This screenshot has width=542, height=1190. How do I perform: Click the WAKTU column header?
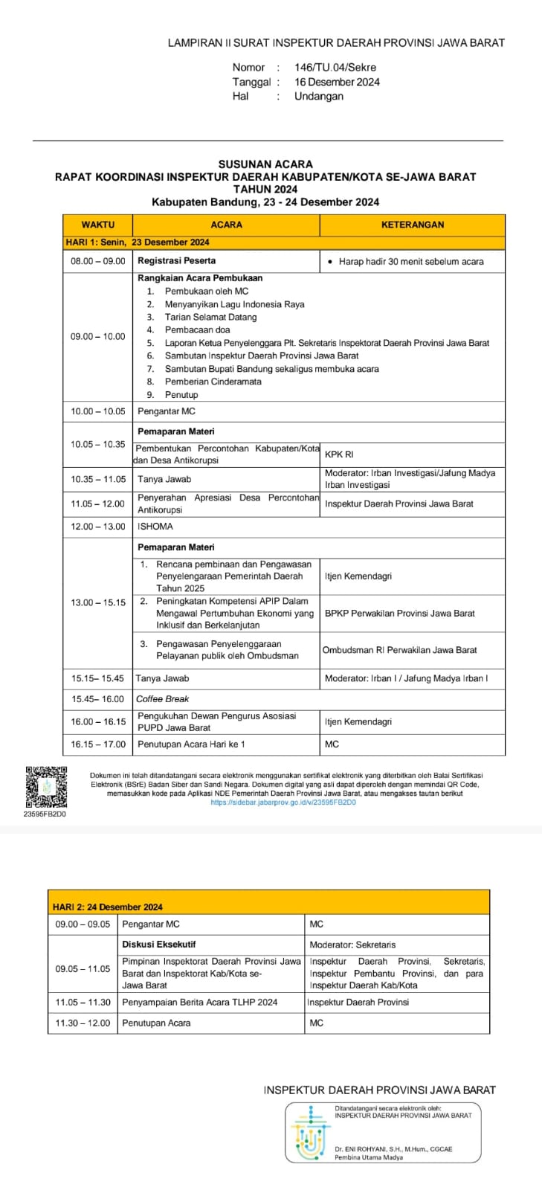coord(97,225)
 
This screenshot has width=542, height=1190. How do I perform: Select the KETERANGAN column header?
coord(412,225)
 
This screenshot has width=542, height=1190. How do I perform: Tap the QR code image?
coord(46,787)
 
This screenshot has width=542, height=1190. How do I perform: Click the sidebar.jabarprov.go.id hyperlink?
coord(283,803)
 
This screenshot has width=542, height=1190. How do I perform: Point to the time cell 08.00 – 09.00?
coord(97,261)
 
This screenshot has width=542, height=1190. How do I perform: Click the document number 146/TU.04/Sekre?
coord(335,68)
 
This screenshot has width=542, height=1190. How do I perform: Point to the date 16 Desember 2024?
coord(337,82)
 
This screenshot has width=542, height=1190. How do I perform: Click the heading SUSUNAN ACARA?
coord(265,164)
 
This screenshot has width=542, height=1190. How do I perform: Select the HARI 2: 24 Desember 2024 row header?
coord(108,907)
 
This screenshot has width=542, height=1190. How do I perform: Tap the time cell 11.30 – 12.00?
coord(83,1023)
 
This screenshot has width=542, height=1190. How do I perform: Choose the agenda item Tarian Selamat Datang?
coord(210,317)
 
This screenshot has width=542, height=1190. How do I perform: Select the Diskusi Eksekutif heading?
coord(159,945)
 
